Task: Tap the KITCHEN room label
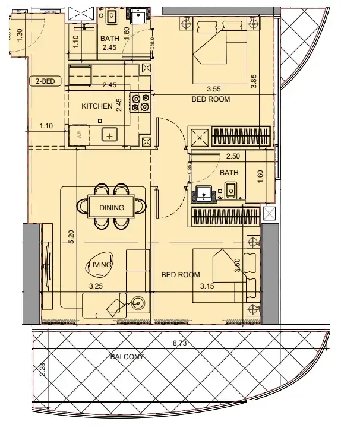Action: pos(97,106)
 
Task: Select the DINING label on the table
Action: pos(112,207)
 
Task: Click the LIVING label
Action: pos(100,265)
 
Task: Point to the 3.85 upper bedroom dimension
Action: pos(254,80)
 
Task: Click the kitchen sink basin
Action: pos(109,135)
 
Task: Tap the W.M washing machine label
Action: pos(79,135)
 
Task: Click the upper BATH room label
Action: pos(109,39)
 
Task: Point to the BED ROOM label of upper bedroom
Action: pos(210,99)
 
